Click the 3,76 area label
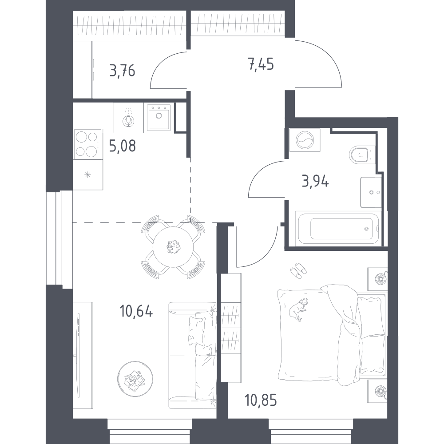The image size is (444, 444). point(123,71)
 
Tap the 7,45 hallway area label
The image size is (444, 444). point(261,64)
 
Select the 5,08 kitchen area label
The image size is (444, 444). point(123,146)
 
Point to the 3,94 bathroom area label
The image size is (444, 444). point(315,181)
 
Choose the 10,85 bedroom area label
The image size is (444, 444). point(261,400)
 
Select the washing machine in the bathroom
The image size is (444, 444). point(305,140)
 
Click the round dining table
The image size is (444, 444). point(173,247)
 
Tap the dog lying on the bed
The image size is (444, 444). point(297,309)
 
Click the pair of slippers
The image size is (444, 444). point(298,270)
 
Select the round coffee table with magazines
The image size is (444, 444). point(135,379)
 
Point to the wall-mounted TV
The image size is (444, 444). point(78,355)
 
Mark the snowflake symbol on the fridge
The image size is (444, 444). point(88,174)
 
